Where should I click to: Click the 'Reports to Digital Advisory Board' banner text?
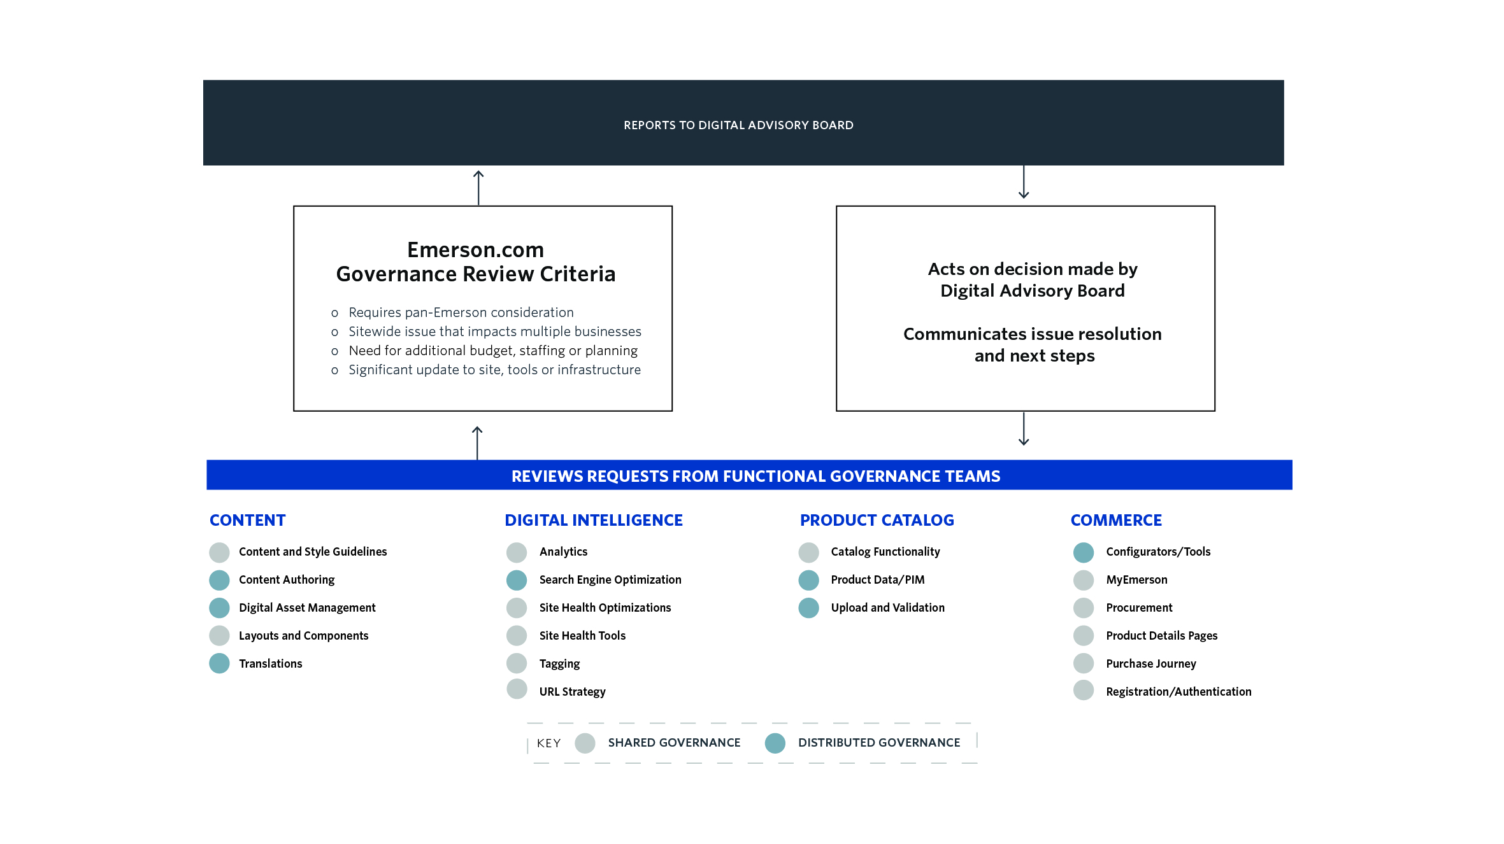[738, 125]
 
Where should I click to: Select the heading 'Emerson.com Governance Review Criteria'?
[476, 262]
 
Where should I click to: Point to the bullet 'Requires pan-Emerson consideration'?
[461, 313]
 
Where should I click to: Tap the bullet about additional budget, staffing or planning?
[493, 351]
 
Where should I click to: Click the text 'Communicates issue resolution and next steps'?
[1033, 344]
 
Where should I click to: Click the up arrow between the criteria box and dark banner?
[478, 188]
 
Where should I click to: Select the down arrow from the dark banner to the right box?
[1024, 182]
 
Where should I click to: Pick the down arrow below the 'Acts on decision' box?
[1024, 428]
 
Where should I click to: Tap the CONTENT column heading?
[248, 520]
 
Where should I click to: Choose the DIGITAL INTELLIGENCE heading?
[594, 520]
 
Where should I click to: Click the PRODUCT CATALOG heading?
[877, 520]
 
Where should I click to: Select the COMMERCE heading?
[1116, 520]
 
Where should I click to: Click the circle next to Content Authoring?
[219, 580]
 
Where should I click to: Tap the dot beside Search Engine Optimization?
[517, 580]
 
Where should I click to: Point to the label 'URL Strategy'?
[573, 692]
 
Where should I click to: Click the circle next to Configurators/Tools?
[1084, 552]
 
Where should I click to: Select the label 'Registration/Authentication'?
[1178, 692]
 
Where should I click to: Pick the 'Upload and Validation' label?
[888, 608]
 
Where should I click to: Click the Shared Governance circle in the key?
[585, 743]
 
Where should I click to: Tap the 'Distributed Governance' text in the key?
[879, 743]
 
